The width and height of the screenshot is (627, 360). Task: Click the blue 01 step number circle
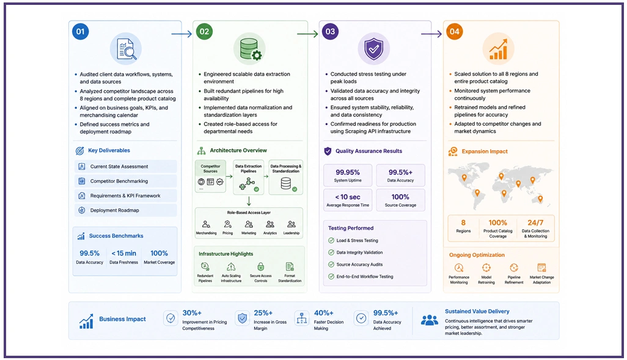pyautogui.click(x=81, y=32)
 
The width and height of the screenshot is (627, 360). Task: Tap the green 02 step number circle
pyautogui.click(x=204, y=32)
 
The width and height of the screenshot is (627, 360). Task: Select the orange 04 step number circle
pyautogui.click(x=454, y=32)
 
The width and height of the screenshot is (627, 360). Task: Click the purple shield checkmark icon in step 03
pyautogui.click(x=373, y=49)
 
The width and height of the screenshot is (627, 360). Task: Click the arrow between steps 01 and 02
pyautogui.click(x=182, y=34)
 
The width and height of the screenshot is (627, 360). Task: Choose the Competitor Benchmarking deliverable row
pyautogui.click(x=125, y=181)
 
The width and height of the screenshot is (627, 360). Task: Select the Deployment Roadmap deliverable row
pyautogui.click(x=125, y=210)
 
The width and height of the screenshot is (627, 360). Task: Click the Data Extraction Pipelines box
pyautogui.click(x=248, y=177)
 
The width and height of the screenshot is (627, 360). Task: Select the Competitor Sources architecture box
pyautogui.click(x=210, y=176)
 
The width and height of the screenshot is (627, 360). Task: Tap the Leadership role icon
pyautogui.click(x=291, y=224)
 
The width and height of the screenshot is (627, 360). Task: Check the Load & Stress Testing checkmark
pyautogui.click(x=331, y=240)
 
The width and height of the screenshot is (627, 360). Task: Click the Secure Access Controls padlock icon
pyautogui.click(x=261, y=266)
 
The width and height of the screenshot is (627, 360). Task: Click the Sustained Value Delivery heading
pyautogui.click(x=477, y=311)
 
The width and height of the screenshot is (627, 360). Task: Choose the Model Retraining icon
pyautogui.click(x=486, y=268)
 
